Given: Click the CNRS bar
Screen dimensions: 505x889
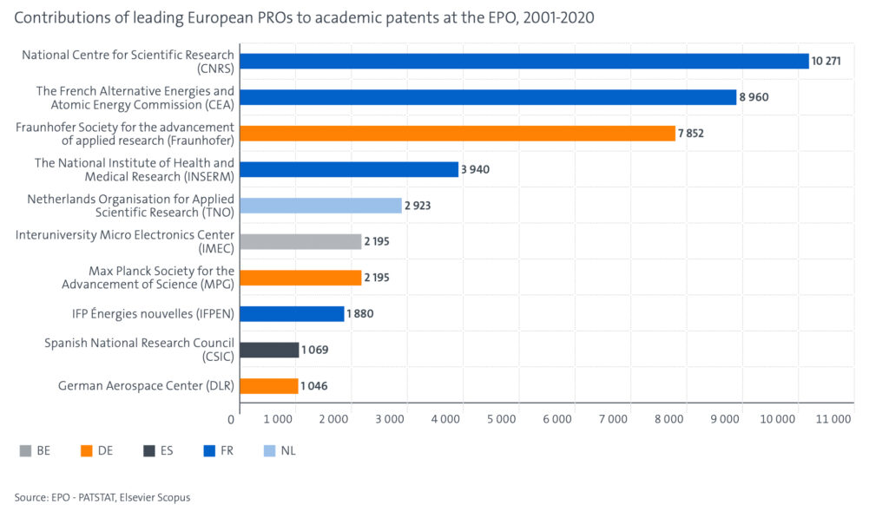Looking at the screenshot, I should (524, 61).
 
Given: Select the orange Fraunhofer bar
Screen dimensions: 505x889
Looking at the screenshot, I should (457, 133).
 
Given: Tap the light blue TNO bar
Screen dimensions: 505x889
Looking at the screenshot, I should (320, 206).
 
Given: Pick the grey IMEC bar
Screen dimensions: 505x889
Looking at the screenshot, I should (300, 241).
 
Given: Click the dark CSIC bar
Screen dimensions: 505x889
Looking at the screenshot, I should (269, 350).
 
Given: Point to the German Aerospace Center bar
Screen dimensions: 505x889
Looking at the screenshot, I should (268, 386).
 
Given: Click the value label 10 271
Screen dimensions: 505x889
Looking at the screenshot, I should (827, 61).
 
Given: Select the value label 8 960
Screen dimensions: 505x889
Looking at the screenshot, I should (754, 97).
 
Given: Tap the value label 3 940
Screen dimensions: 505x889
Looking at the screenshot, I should (475, 169).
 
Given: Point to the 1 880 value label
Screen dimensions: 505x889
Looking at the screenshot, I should (359, 314).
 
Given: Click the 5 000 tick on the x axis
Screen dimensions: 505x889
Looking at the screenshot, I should (502, 420).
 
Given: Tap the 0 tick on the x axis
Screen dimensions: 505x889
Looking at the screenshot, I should (232, 420).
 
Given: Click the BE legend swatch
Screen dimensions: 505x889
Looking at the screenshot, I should (26, 450).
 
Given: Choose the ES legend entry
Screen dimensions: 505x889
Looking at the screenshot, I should (159, 450).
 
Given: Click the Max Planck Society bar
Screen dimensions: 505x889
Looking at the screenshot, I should (300, 278).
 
